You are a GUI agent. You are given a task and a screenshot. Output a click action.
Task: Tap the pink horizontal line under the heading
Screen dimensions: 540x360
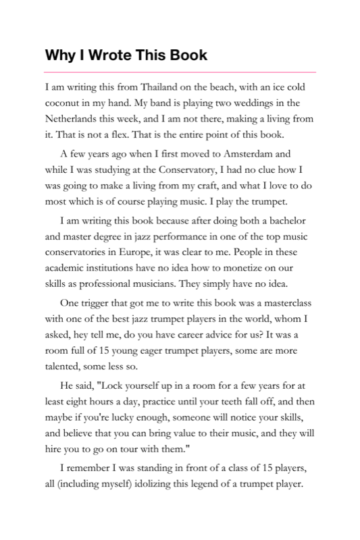click(180, 72)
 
